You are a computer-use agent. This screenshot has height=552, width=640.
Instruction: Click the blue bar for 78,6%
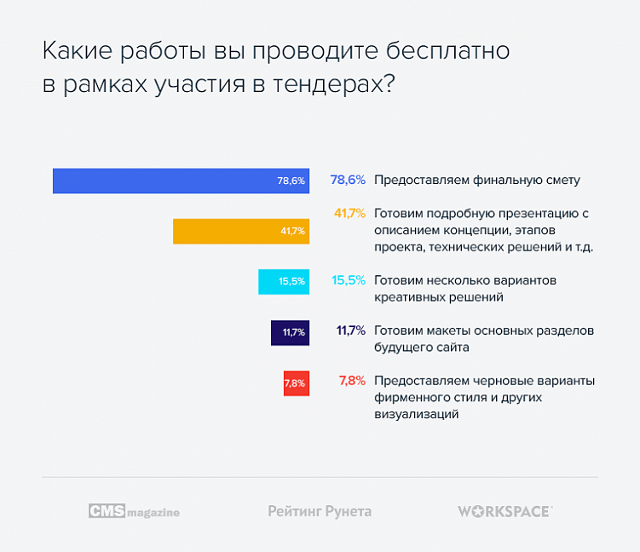tap(181, 181)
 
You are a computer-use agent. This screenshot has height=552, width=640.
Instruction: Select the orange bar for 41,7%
tap(240, 231)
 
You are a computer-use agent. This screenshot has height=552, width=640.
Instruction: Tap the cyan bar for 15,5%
tap(283, 281)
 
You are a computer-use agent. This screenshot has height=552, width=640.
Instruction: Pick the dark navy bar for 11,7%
tap(290, 331)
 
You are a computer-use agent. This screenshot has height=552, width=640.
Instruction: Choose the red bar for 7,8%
tap(295, 382)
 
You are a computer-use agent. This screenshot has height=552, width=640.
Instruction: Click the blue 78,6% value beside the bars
tap(348, 180)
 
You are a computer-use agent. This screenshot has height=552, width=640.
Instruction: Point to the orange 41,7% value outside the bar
tap(349, 213)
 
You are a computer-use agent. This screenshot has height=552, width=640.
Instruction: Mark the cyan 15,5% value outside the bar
tap(349, 279)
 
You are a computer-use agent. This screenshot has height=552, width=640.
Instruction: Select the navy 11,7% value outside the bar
tap(350, 330)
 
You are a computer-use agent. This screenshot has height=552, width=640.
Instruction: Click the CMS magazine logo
tap(134, 511)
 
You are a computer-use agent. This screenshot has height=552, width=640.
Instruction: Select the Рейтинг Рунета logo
tap(320, 511)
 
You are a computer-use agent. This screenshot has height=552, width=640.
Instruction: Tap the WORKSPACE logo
tap(505, 511)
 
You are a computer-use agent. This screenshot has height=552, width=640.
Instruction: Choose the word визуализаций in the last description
tap(417, 414)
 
